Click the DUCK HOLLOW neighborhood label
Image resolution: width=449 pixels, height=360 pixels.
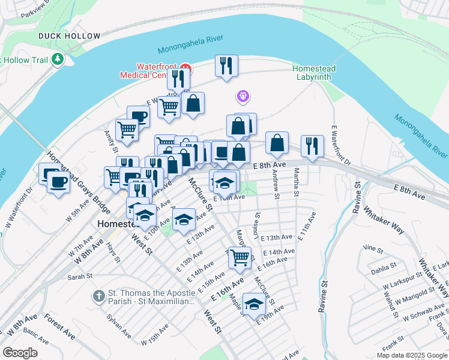click(x=69, y=36)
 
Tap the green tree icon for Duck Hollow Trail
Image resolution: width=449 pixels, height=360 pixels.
click(x=58, y=59)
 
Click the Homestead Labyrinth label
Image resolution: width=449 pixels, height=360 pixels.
click(x=314, y=73)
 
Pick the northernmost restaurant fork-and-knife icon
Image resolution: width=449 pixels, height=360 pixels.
click(x=226, y=65)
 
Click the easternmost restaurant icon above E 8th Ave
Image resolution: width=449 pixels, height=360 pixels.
click(x=312, y=146)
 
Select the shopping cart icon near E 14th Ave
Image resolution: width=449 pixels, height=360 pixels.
click(x=240, y=256)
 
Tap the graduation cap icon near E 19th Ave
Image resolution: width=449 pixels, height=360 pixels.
click(x=254, y=304)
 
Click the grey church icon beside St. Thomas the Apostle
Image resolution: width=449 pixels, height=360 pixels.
click(x=99, y=296)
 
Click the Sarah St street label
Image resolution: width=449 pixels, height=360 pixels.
click(x=79, y=277)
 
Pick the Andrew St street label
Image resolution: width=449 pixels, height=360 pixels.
click(x=275, y=184)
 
